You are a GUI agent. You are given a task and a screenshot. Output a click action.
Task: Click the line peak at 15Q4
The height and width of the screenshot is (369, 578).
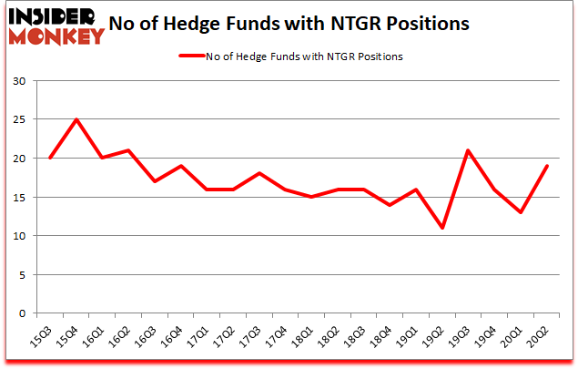pos(76,119)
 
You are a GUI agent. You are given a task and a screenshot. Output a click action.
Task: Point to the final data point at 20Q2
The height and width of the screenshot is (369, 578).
pos(547,166)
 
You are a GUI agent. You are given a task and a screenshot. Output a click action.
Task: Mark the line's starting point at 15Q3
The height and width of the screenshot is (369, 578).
pos(49,158)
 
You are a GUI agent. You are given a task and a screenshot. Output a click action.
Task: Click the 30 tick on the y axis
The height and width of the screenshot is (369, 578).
pos(25,81)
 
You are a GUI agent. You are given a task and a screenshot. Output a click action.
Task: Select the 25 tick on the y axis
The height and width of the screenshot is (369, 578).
pos(25,119)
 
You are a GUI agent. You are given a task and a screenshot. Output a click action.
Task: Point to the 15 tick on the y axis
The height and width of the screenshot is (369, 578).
pos(25,197)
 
